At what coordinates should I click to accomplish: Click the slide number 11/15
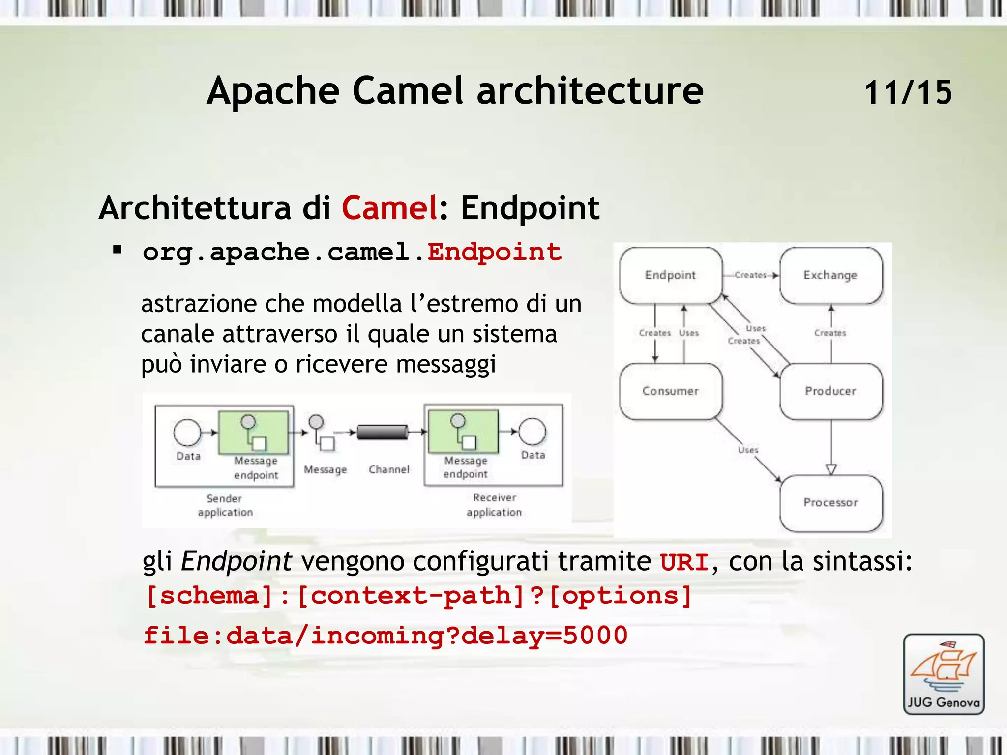pos(908,92)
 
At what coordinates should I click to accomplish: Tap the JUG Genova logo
pos(944,674)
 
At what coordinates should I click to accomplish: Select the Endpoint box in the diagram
pos(671,275)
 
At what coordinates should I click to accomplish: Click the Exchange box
pos(830,275)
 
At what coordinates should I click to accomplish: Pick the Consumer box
pos(671,391)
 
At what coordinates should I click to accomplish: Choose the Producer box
pos(830,391)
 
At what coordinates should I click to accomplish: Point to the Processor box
pos(830,503)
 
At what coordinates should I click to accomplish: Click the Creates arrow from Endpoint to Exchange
pos(751,275)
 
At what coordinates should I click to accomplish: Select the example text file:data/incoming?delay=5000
pos(385,636)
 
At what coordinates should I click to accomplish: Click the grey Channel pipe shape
pos(383,432)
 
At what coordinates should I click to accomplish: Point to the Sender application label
pos(225,505)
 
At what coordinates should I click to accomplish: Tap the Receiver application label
pos(494,505)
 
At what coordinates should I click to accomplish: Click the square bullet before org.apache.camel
pos(117,250)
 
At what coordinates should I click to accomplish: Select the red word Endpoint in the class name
pos(494,252)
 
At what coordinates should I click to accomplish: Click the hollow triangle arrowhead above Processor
pos(831,469)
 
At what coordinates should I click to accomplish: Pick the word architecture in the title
pos(590,91)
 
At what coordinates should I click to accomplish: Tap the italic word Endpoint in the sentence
pos(237,561)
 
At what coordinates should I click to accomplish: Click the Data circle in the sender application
pos(187,433)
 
